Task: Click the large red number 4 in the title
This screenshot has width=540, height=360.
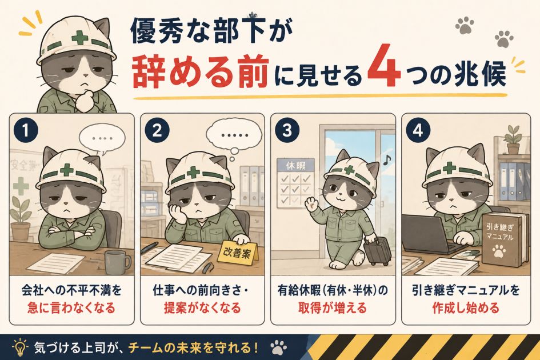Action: coord(384,66)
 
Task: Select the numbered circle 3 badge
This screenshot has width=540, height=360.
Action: coord(287,131)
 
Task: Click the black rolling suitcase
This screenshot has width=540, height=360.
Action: coord(378,250)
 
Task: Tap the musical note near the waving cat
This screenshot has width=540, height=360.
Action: coord(387,159)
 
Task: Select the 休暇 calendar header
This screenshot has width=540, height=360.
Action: coord(296,166)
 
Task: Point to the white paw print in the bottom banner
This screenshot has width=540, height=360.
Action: coord(278,348)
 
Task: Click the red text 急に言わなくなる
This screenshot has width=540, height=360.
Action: coord(71,307)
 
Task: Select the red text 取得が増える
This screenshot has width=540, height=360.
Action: coord(333,307)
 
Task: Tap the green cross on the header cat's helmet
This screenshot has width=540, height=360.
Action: coord(80,37)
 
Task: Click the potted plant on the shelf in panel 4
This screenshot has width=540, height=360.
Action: coord(513,139)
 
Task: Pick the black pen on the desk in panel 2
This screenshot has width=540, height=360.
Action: coord(150,248)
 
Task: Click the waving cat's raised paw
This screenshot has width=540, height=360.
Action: coord(311,203)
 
